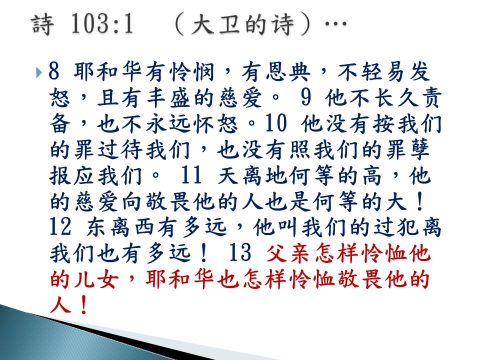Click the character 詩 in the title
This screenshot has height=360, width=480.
(42, 24)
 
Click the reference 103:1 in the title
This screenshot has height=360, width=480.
(102, 24)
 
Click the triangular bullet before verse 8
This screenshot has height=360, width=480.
(39, 72)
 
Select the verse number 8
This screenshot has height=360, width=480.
(53, 71)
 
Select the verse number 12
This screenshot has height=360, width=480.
(60, 227)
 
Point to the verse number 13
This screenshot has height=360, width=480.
(240, 252)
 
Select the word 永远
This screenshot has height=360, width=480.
(169, 124)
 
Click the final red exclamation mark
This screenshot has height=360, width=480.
(82, 305)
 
